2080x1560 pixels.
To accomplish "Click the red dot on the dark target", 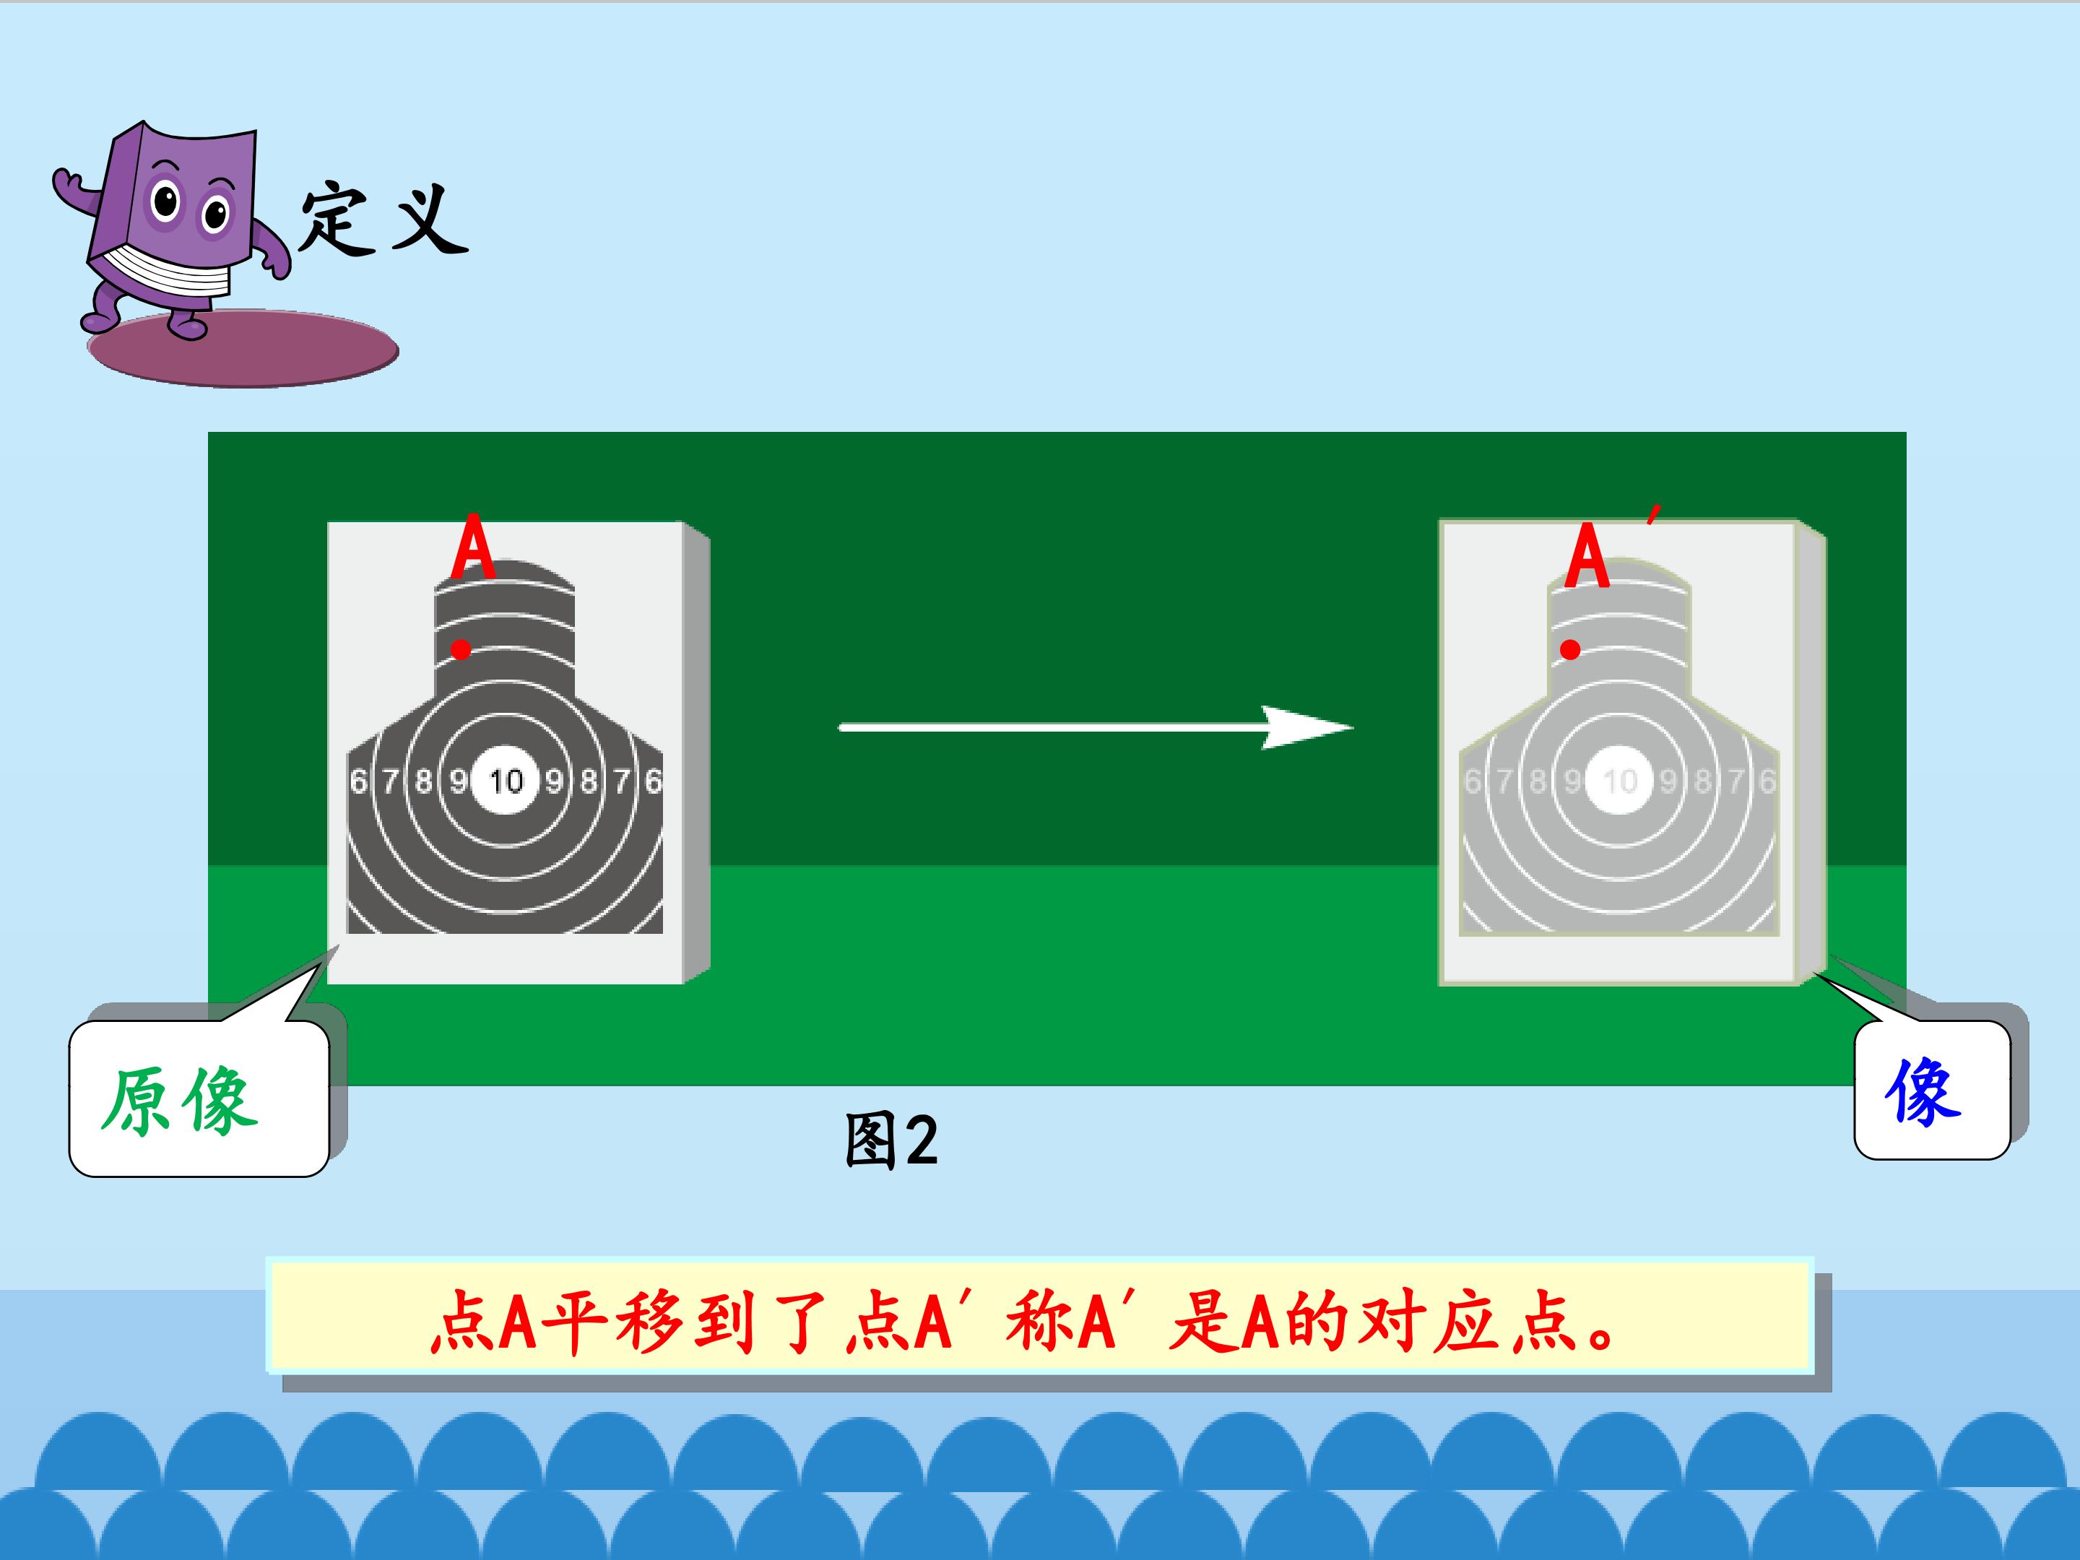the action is pyautogui.click(x=461, y=649).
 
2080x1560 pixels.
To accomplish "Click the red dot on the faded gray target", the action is pyautogui.click(x=1570, y=649).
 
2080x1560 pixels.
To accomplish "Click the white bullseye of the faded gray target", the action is pyautogui.click(x=1619, y=781).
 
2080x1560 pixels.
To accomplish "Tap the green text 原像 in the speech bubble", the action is pyautogui.click(x=178, y=1100).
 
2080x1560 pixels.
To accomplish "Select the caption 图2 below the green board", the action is pyautogui.click(x=891, y=1140).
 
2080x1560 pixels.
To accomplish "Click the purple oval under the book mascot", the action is pyautogui.click(x=243, y=349).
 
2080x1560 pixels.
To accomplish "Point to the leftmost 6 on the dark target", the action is pyautogui.click(x=358, y=781).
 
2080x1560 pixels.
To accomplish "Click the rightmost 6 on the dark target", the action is pyautogui.click(x=654, y=781).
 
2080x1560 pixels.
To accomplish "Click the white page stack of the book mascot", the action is pyautogui.click(x=169, y=273).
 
